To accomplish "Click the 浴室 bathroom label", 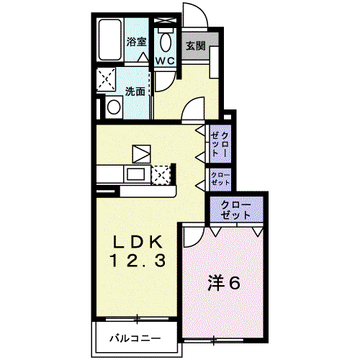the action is click(x=136, y=42).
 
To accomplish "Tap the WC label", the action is click(x=165, y=61).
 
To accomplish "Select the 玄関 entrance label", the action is click(x=196, y=46).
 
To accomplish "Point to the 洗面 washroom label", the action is click(x=135, y=91).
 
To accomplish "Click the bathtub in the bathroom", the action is click(x=109, y=40).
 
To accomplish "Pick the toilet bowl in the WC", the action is click(x=166, y=41).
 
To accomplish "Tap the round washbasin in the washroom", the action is click(x=114, y=107).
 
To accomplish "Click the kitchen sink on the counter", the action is click(x=135, y=174).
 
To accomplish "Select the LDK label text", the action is click(x=138, y=243).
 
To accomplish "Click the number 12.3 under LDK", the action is click(x=138, y=261).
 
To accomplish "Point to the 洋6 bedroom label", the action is click(x=224, y=283).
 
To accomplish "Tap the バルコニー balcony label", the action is click(x=135, y=338).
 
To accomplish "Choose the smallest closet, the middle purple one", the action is click(x=220, y=179).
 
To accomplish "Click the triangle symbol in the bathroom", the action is click(x=143, y=58).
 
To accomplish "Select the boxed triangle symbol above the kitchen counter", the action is click(x=141, y=154).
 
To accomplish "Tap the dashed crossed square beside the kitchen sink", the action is click(x=161, y=175).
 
